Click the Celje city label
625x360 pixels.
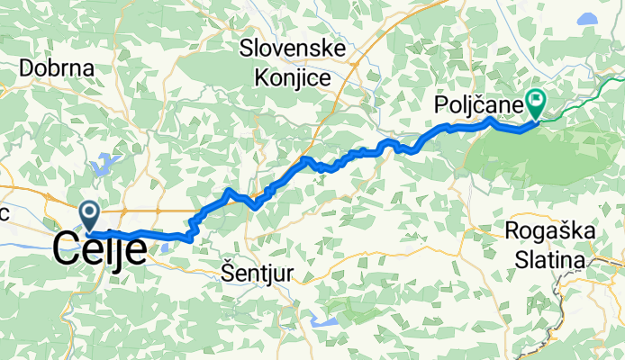point(100,248)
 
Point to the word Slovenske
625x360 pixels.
point(288,49)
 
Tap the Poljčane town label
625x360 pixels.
point(478,106)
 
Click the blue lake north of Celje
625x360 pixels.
point(104,165)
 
